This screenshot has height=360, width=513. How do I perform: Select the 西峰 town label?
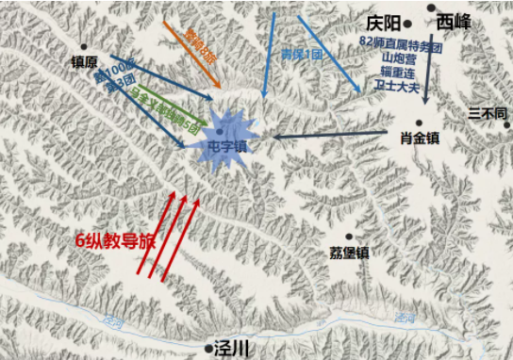(x=460, y=20)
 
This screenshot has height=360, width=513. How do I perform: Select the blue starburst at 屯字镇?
(x=224, y=139)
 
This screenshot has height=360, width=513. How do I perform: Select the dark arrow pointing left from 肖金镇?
(x=330, y=137)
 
